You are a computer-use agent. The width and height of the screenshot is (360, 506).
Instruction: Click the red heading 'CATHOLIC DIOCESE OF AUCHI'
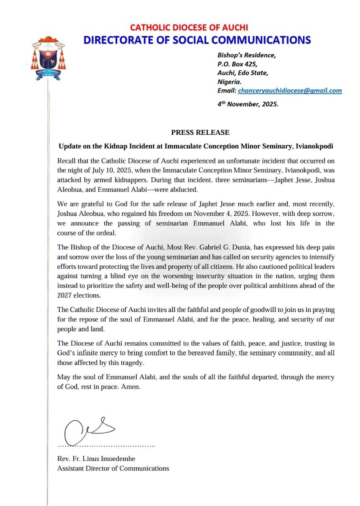click(189, 28)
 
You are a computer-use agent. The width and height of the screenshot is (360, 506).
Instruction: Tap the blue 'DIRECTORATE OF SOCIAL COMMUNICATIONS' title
click(197, 40)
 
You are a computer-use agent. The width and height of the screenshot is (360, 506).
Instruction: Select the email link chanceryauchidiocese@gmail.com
click(290, 91)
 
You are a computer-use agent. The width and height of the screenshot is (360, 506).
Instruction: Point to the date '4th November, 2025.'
click(248, 105)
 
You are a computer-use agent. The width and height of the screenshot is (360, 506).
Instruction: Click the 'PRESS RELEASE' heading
click(200, 132)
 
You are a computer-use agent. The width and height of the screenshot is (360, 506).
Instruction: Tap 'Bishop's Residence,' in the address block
click(247, 55)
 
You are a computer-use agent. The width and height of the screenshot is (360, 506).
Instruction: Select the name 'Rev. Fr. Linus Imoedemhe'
click(96, 459)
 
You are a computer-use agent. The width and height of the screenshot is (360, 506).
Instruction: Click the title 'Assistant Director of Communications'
click(113, 468)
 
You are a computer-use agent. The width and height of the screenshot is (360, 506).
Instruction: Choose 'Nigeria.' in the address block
click(229, 82)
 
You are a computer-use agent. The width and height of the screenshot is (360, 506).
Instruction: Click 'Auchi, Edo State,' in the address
click(243, 73)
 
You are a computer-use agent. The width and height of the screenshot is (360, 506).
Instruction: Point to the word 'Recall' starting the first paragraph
click(66, 161)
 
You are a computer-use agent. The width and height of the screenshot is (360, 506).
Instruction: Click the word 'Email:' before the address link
click(227, 91)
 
